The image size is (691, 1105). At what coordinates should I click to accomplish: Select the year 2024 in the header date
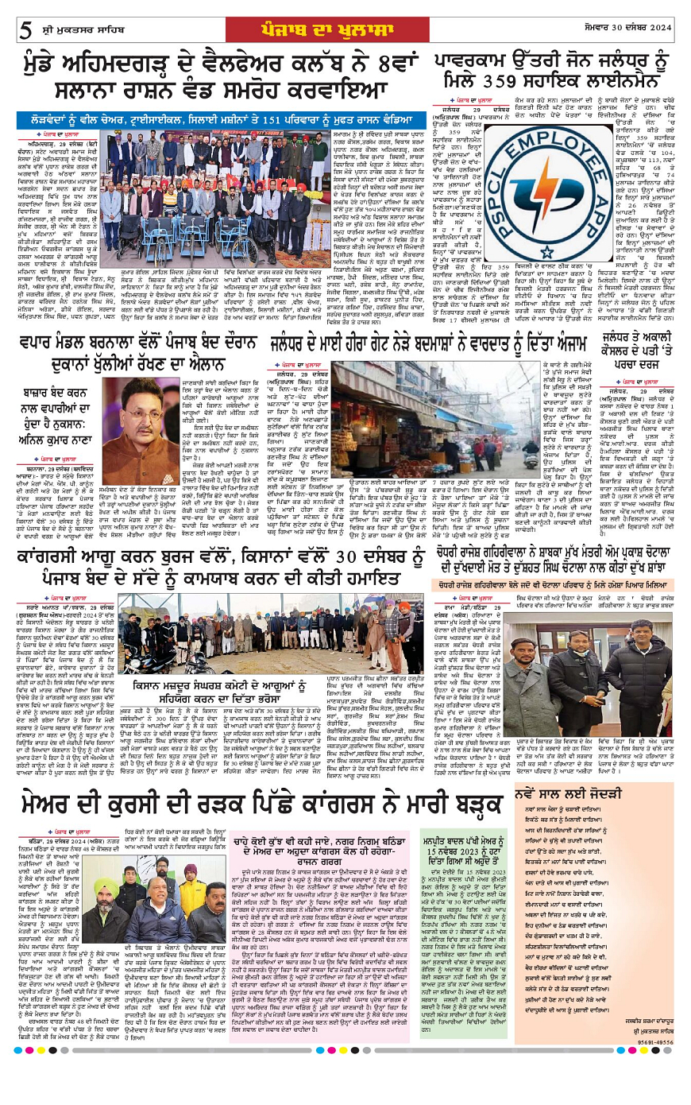pos(658,28)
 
